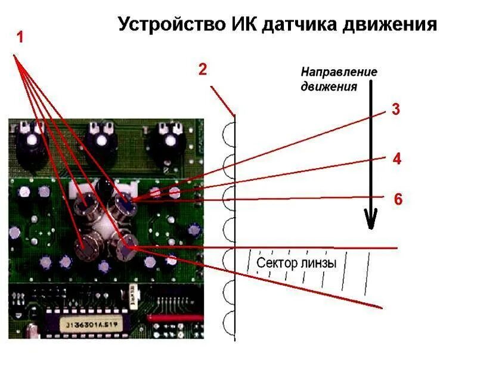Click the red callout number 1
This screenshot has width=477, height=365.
tap(20, 37)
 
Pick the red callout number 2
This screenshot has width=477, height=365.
tap(203, 69)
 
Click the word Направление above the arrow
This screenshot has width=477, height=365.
tap(339, 72)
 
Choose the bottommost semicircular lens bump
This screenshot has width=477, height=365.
tap(228, 322)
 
